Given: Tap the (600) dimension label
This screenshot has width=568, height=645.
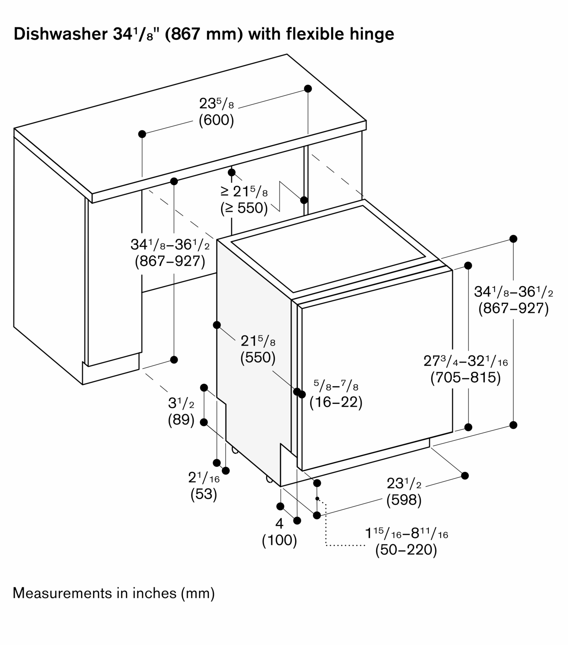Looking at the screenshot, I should (x=216, y=120).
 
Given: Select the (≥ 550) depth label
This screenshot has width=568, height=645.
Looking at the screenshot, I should (x=244, y=208).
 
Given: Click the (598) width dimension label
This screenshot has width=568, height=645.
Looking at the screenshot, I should (x=404, y=500).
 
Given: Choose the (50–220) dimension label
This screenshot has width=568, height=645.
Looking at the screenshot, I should (x=406, y=550).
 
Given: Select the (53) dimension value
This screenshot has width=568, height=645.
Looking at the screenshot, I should (x=204, y=494).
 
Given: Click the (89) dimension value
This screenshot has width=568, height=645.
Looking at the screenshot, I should (x=181, y=420).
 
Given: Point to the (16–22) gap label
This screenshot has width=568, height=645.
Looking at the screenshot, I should (x=336, y=402).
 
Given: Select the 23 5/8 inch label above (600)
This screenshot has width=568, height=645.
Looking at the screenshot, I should (x=216, y=104).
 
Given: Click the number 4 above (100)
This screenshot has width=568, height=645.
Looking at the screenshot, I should (x=279, y=524).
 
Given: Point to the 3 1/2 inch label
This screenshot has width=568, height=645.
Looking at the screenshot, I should (x=181, y=403).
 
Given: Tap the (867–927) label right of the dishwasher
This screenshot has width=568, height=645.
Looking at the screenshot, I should (x=513, y=308).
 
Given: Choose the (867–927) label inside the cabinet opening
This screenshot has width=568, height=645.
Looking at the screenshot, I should (x=170, y=261).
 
